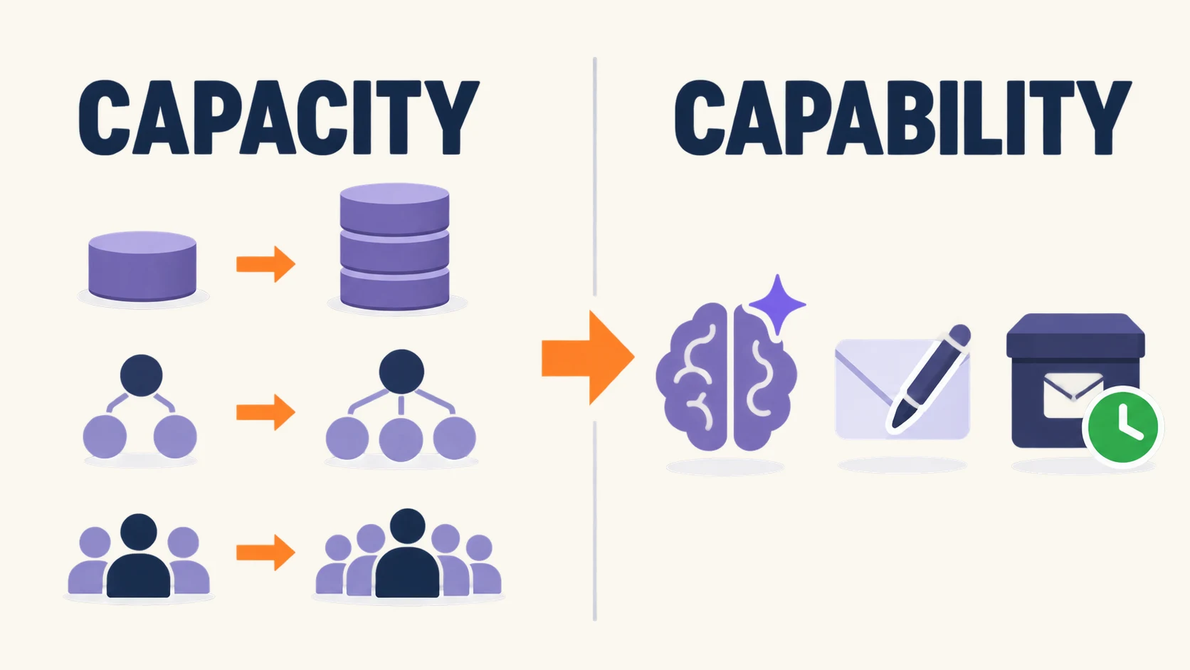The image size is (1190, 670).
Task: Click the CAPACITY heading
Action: tap(279, 117)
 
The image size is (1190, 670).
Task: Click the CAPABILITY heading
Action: tap(902, 117)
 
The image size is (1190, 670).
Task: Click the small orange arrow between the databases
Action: tap(265, 264)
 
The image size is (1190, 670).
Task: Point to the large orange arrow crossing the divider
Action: tap(588, 358)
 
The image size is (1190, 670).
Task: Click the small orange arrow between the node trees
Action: tap(265, 412)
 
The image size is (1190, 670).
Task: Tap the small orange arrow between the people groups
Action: tap(265, 553)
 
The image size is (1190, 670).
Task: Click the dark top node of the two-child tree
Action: tap(142, 376)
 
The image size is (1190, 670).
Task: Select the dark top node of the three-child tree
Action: tap(401, 372)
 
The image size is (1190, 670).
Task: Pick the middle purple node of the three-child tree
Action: tap(401, 439)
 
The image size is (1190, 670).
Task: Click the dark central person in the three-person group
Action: tap(139, 555)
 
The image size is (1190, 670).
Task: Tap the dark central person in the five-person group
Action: tap(408, 553)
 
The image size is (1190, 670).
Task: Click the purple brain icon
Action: tap(726, 377)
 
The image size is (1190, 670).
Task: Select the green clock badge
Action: tap(1123, 427)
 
